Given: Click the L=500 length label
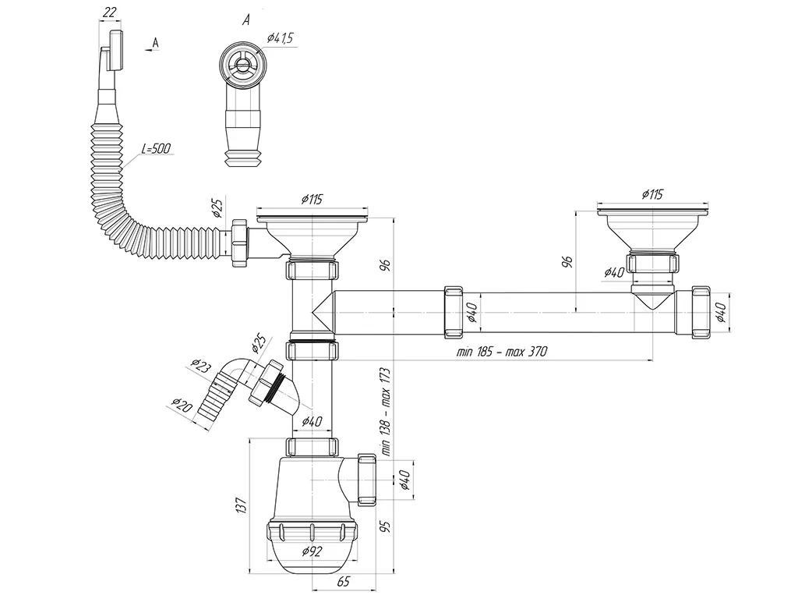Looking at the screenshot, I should pos(157,149).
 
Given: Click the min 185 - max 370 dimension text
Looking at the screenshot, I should pos(502,352).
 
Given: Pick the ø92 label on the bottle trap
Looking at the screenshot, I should pos(312,552).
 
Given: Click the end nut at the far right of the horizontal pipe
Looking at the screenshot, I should pos(701,313).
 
